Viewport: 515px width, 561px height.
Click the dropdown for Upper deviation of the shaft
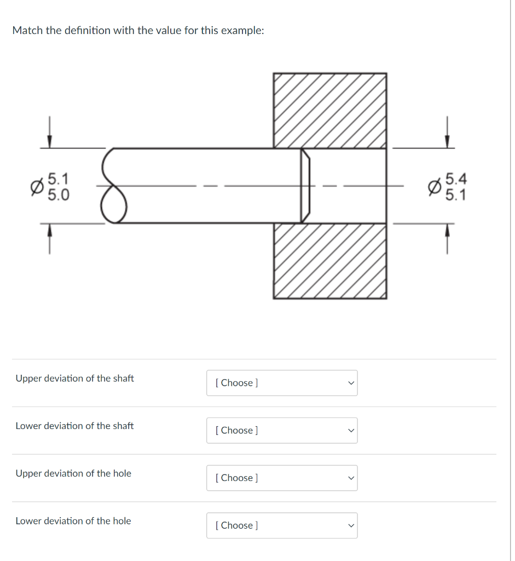click(281, 383)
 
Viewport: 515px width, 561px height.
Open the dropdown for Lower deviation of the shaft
click(281, 431)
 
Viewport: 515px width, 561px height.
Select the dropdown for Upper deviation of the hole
click(281, 478)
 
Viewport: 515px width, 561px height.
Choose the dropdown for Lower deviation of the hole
click(281, 525)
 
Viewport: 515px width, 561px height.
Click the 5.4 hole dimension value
click(456, 179)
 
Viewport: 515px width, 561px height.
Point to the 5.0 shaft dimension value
click(58, 194)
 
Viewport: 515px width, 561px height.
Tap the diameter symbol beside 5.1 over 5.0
click(36, 187)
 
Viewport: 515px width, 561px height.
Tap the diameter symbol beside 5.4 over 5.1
click(434, 187)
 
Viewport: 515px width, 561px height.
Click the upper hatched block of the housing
click(330, 110)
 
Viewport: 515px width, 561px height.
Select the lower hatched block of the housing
click(330, 260)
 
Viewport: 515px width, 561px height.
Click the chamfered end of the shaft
click(305, 186)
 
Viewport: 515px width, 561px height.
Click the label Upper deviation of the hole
click(73, 473)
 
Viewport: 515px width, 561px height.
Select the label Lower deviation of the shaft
click(74, 426)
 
